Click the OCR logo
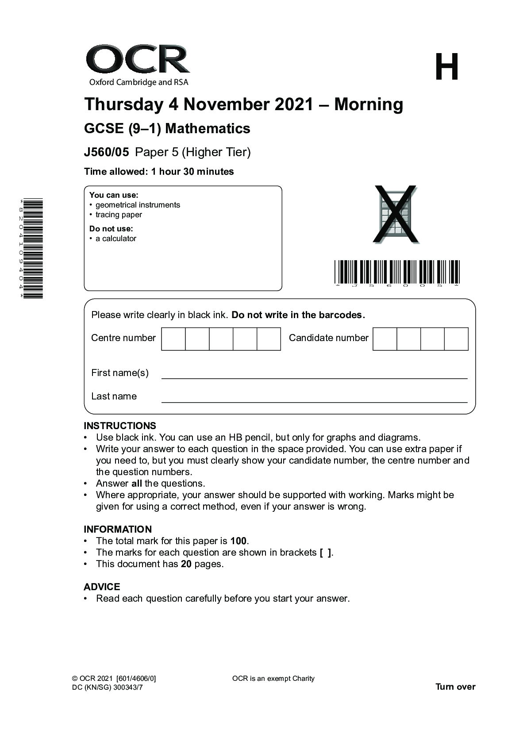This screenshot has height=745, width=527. click(138, 65)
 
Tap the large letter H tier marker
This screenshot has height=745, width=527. click(446, 67)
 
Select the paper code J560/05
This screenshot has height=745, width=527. click(106, 152)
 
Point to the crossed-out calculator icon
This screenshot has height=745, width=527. click(395, 215)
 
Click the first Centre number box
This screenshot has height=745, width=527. click(173, 339)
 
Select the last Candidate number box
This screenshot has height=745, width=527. click(456, 339)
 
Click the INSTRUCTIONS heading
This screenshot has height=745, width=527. click(120, 426)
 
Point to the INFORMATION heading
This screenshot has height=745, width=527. click(118, 529)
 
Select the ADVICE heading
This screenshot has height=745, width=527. click(102, 587)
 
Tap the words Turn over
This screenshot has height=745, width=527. click(455, 687)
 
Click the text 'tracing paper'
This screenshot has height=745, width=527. click(119, 215)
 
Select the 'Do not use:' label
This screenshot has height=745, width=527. click(111, 229)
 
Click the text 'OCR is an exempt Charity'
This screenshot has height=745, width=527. click(273, 678)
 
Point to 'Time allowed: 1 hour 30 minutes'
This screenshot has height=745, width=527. click(159, 172)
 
